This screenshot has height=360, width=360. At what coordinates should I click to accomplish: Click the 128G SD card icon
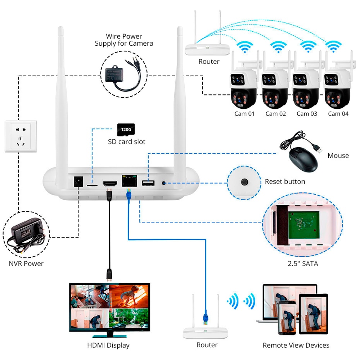pos(126,129)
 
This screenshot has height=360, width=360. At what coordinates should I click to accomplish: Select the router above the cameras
pos(207,45)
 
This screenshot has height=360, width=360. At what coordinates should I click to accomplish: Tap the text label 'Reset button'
pos(285,182)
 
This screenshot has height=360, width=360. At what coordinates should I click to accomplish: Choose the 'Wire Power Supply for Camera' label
pos(124,40)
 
